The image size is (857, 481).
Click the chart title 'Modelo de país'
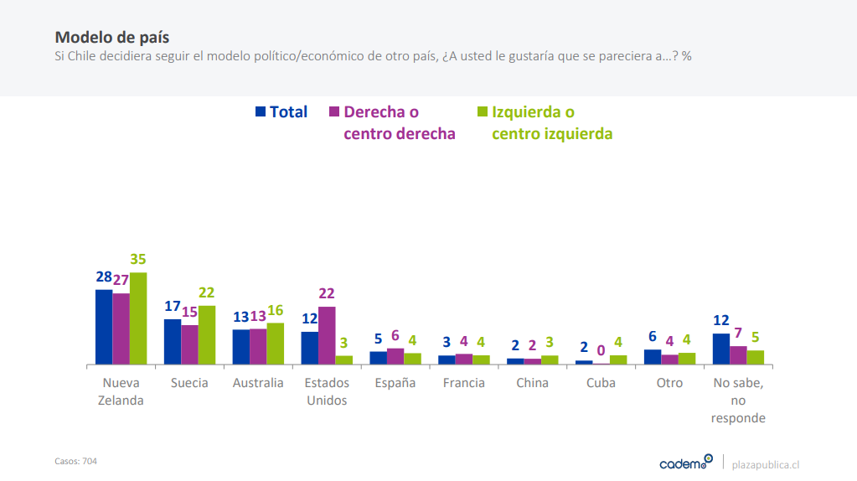tap(111, 38)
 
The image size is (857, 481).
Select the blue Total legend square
tap(261, 111)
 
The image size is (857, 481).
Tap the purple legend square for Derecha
tap(334, 111)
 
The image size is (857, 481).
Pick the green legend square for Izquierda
tap(482, 111)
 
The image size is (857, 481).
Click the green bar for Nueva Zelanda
tap(138, 318)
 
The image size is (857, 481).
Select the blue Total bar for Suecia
tap(173, 342)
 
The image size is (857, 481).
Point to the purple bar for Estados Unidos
tap(327, 335)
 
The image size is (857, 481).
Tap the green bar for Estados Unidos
tap(344, 360)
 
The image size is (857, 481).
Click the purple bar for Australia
tap(258, 347)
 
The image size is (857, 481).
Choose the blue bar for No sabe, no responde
tap(721, 349)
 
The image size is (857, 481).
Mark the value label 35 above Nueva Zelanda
tap(138, 260)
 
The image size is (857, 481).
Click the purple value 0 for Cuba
tap(601, 350)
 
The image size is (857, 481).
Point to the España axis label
tap(395, 383)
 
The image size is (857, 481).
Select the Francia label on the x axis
tap(464, 383)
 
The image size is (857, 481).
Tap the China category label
tap(533, 383)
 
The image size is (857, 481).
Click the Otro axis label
tap(670, 383)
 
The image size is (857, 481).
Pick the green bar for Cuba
tap(618, 359)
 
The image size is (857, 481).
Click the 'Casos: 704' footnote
tap(75, 461)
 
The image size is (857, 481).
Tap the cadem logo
tap(685, 463)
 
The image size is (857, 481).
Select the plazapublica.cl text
tap(766, 463)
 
